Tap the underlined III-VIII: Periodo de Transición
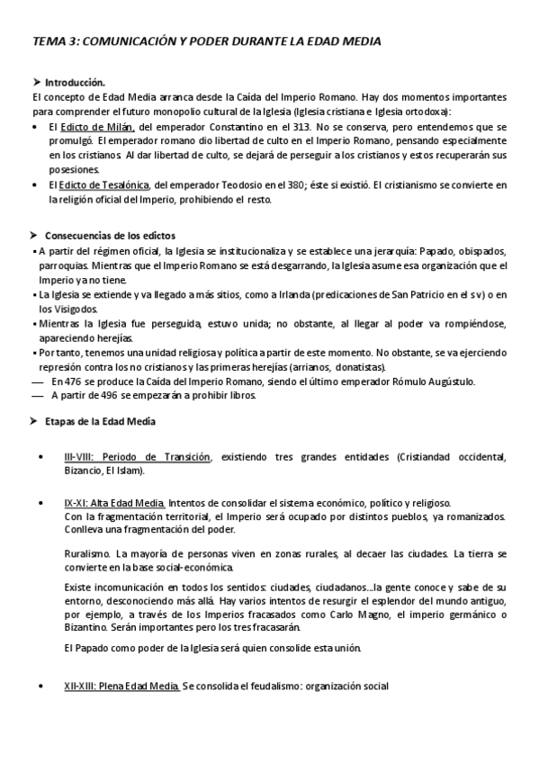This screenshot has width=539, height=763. pyautogui.click(x=137, y=457)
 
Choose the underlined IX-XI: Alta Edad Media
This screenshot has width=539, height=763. pyautogui.click(x=114, y=502)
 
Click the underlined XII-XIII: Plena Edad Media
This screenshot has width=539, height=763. pyautogui.click(x=121, y=687)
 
